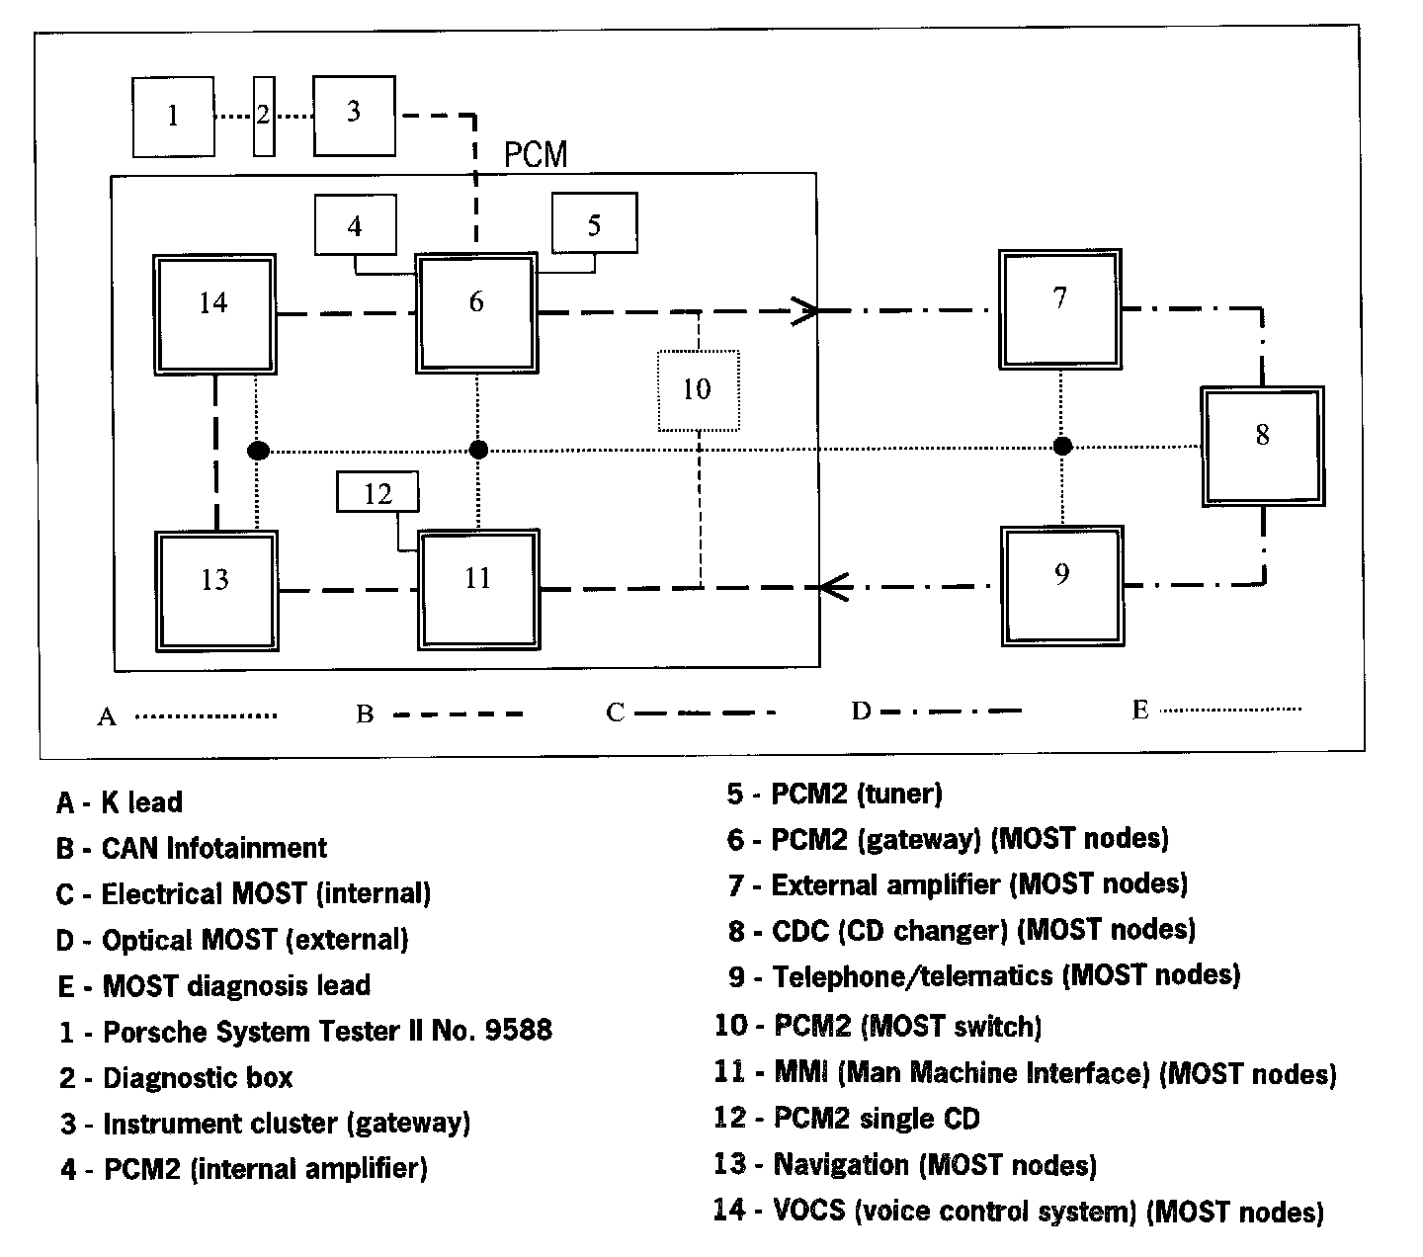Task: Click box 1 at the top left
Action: (x=173, y=117)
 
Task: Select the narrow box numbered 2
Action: (x=263, y=116)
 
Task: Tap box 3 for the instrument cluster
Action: (x=354, y=115)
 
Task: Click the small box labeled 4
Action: (x=355, y=225)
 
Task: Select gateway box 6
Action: (x=476, y=312)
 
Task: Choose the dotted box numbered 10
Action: (x=698, y=390)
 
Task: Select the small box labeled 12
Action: (x=377, y=492)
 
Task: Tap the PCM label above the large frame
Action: (x=535, y=155)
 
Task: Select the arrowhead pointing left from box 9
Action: (x=832, y=587)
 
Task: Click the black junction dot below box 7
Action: (x=1062, y=447)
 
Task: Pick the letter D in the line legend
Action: (x=861, y=711)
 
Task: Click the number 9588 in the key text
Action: (x=518, y=1031)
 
